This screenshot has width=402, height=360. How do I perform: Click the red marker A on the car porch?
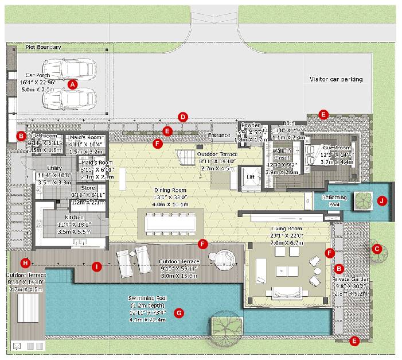[x=72, y=84]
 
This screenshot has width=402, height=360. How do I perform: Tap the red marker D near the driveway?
[x=183, y=117]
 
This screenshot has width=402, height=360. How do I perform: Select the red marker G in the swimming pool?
[x=179, y=313]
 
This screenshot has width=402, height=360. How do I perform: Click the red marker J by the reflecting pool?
[x=381, y=200]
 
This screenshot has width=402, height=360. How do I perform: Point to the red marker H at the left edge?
[x=25, y=263]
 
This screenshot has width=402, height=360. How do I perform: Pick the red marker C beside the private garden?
[x=377, y=249]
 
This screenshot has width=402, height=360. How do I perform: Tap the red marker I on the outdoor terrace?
[x=97, y=266]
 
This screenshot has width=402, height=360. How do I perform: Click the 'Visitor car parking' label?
[x=336, y=80]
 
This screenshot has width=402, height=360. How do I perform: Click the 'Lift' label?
[x=250, y=177]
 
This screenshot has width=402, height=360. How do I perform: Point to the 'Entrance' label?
[x=219, y=136]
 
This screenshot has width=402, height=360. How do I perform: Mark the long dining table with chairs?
[x=170, y=220]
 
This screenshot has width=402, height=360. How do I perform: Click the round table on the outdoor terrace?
[x=222, y=262]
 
